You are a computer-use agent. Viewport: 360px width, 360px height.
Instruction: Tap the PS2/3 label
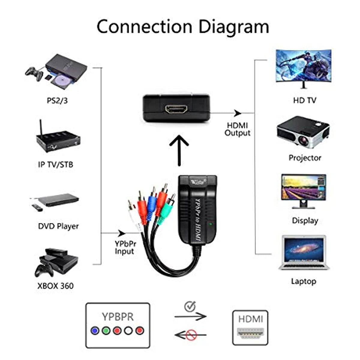tap(57, 100)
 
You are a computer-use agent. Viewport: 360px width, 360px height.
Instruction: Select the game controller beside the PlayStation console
tap(34, 74)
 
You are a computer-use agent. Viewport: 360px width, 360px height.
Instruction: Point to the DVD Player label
tap(58, 226)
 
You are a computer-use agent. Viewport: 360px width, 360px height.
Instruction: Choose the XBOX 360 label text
tap(55, 286)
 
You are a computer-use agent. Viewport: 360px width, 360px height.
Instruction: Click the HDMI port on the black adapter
tap(176, 109)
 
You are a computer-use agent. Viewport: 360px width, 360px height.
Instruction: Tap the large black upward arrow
tap(179, 150)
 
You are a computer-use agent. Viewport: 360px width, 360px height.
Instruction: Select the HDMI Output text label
tap(237, 129)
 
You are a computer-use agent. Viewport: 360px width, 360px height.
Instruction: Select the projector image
tap(303, 132)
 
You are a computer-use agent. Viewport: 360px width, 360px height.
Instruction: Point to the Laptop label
tap(303, 281)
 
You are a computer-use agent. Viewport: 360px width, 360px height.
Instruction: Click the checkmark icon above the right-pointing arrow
tap(190, 306)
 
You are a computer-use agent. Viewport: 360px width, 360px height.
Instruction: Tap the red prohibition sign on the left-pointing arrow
tap(191, 334)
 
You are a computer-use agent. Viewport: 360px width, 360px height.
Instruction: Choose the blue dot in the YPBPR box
tap(95, 331)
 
